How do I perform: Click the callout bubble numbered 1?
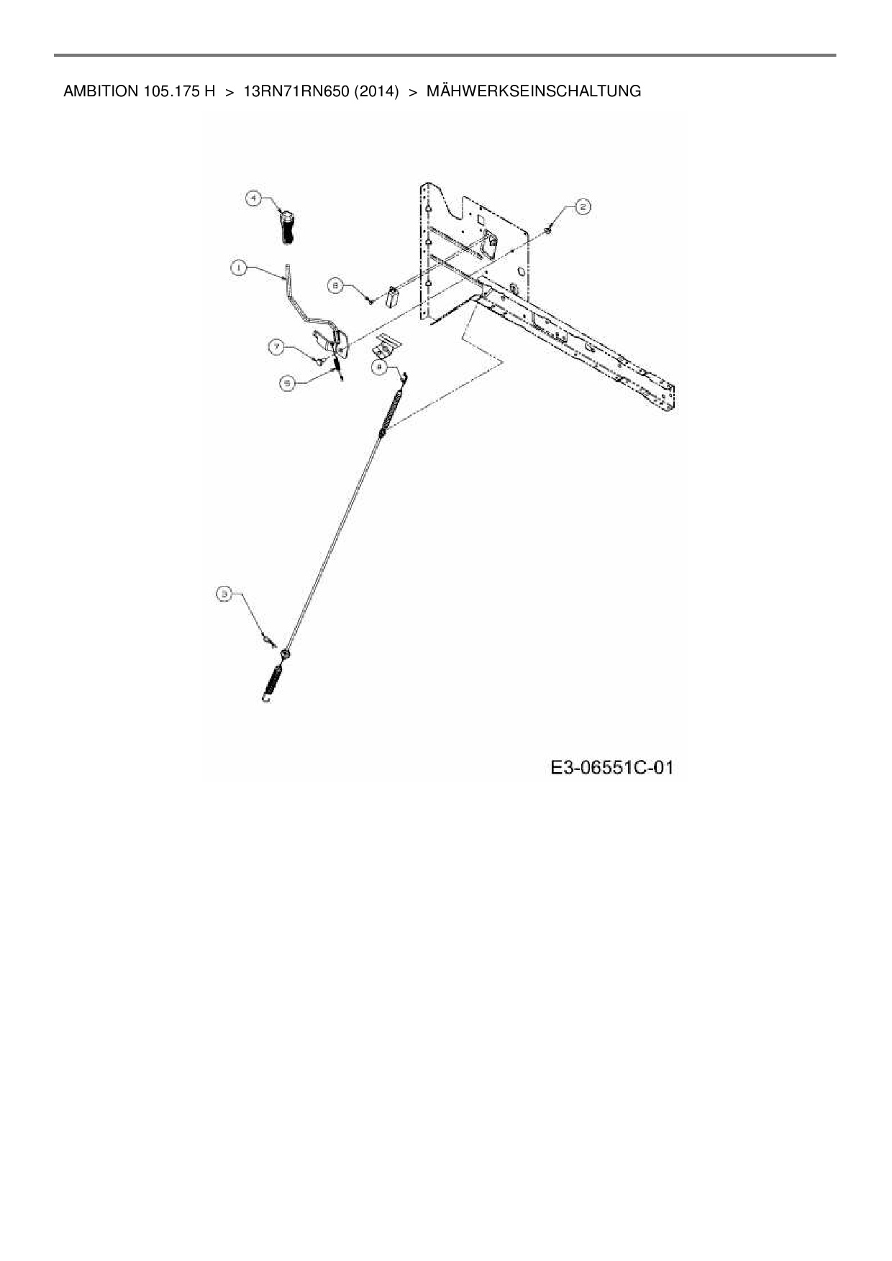[237, 267]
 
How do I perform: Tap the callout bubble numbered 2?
[582, 207]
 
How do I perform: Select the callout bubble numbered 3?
[225, 594]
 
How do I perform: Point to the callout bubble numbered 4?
[252, 198]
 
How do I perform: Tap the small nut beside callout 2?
[549, 229]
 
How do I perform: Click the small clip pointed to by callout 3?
[270, 640]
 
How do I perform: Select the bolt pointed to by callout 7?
[318, 359]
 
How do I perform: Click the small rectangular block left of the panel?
[393, 296]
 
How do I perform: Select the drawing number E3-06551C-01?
[611, 768]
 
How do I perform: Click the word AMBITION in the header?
[96, 91]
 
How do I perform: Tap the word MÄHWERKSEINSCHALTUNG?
[534, 91]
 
